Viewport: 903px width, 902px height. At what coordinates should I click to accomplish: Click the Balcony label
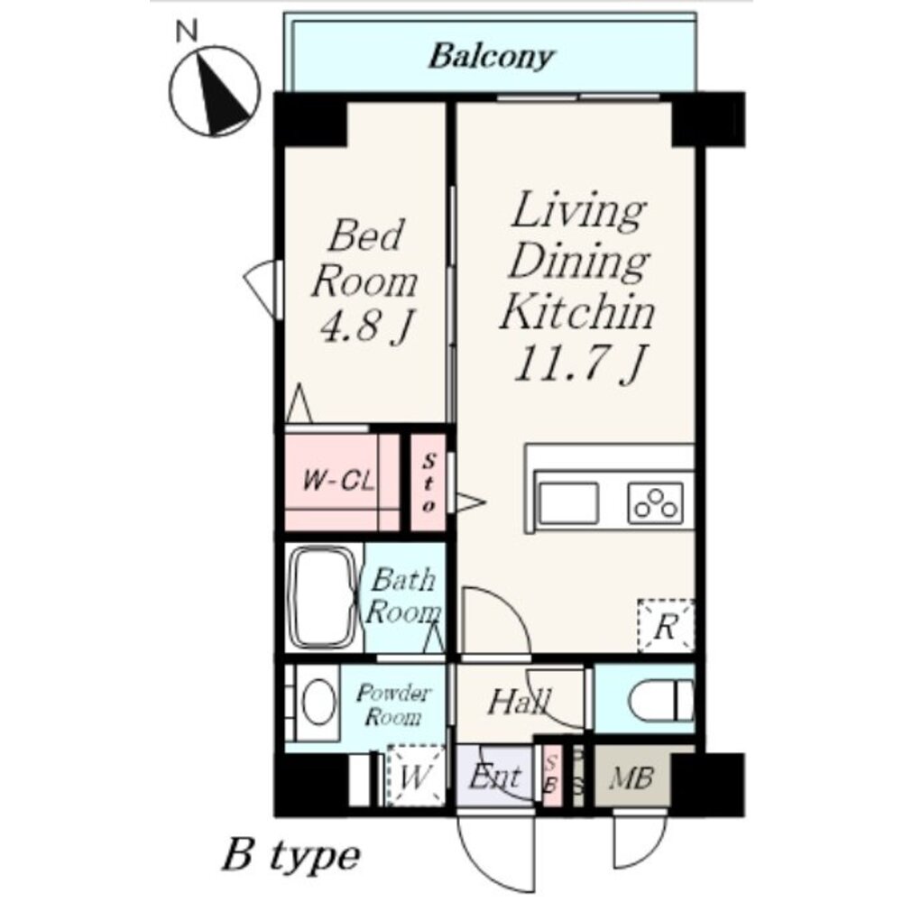point(492,58)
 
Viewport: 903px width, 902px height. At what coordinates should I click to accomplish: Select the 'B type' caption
point(291,857)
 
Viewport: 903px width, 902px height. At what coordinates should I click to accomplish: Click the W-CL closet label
point(338,481)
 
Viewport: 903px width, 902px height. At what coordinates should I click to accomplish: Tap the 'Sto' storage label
point(429,483)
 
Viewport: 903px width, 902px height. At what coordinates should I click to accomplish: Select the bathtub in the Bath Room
point(324,597)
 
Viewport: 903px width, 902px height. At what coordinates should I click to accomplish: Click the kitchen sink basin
point(567,502)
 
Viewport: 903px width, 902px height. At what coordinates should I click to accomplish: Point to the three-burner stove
point(655,502)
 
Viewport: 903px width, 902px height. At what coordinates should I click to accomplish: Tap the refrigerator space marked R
point(666,626)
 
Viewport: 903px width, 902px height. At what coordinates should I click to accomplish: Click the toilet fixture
point(661,700)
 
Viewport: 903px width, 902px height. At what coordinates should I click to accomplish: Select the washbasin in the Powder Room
point(318,702)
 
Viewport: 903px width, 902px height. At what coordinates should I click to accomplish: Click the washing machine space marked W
point(416,776)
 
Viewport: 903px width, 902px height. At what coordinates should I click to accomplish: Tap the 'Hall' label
point(519,702)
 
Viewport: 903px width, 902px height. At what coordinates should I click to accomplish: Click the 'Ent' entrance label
point(495,777)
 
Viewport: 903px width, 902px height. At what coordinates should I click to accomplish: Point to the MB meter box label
point(631,778)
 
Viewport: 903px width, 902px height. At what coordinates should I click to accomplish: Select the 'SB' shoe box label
point(552,775)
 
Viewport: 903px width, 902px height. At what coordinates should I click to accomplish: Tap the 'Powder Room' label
point(392,704)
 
